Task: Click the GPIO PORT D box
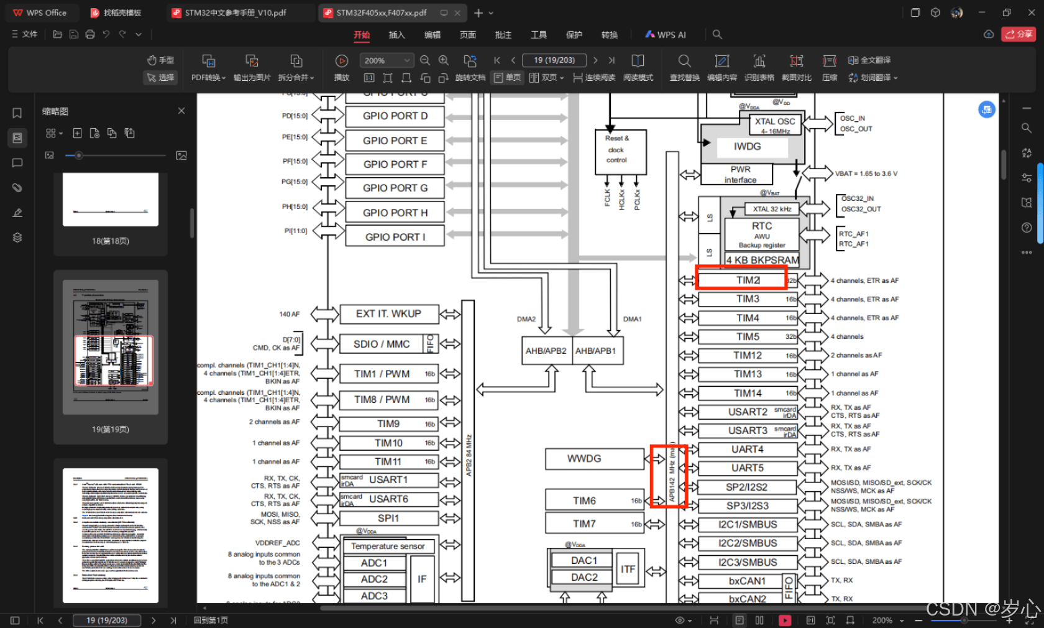click(x=395, y=116)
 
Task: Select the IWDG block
click(x=747, y=147)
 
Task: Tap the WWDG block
click(x=584, y=459)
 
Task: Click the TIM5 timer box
click(x=748, y=337)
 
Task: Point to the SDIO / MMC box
click(x=382, y=344)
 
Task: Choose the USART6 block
click(x=388, y=499)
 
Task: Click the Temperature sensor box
click(x=388, y=547)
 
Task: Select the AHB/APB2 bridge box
click(x=546, y=351)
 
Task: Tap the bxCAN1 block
click(x=747, y=581)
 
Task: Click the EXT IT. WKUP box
click(x=388, y=314)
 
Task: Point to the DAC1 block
click(x=584, y=561)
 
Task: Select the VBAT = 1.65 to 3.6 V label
click(x=866, y=174)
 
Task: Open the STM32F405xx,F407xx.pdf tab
click(x=382, y=13)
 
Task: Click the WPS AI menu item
click(x=666, y=35)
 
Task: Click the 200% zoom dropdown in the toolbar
click(x=386, y=60)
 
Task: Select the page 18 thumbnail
click(x=111, y=200)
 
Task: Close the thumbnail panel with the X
click(x=181, y=111)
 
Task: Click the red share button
click(x=1018, y=35)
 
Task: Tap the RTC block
click(x=762, y=226)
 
